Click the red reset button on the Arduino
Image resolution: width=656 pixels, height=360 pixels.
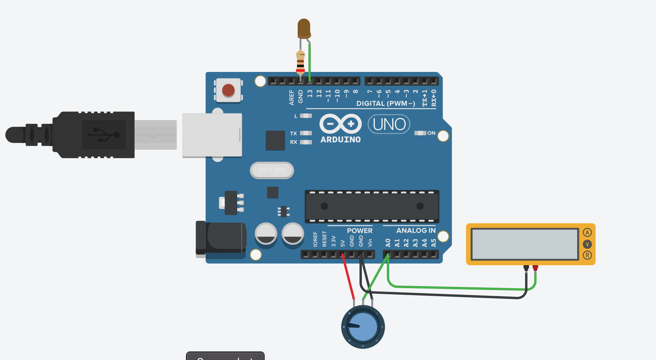(228, 90)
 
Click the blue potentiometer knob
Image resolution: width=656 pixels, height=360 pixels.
(363, 327)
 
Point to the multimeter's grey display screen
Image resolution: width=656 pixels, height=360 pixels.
(525, 244)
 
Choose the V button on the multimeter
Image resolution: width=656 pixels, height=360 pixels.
(587, 244)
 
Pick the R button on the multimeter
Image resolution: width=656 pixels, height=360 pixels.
(587, 255)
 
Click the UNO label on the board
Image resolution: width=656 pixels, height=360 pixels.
(389, 124)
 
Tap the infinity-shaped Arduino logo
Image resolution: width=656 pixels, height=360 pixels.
(341, 124)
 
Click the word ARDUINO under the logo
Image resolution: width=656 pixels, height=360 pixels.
(341, 140)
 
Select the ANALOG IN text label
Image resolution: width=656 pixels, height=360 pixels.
(416, 230)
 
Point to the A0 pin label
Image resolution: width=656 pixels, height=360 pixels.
(388, 243)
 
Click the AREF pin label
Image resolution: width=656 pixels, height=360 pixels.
(291, 97)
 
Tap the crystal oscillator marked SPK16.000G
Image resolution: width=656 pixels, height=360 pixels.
(272, 170)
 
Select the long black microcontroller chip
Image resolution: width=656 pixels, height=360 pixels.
(372, 207)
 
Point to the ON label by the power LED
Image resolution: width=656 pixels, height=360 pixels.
(431, 133)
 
